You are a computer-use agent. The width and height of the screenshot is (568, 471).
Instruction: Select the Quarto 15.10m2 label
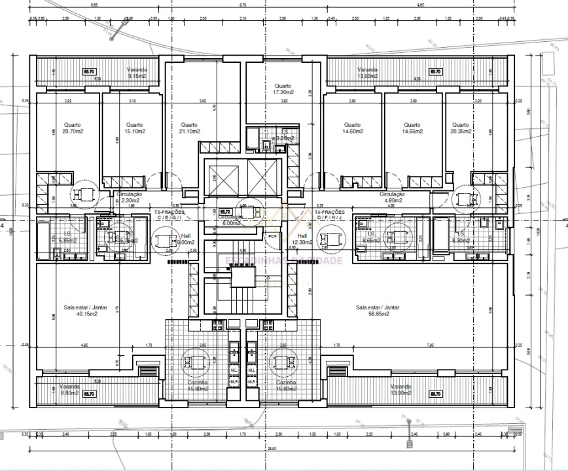(x=135, y=128)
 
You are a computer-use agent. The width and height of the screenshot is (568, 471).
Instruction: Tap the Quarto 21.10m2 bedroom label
(x=190, y=128)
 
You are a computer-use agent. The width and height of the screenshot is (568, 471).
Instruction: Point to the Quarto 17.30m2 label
(x=283, y=89)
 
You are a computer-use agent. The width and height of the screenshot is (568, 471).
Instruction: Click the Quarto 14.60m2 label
(x=352, y=128)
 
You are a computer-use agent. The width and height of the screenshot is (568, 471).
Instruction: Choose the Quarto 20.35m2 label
(x=460, y=128)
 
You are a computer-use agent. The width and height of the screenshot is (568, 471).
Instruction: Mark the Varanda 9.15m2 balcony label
(x=137, y=73)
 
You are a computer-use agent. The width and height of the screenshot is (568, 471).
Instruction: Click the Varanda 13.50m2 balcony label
(x=368, y=73)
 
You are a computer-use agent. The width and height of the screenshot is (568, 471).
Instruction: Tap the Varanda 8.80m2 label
(x=69, y=390)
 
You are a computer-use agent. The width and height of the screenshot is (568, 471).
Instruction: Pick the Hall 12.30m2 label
(x=302, y=239)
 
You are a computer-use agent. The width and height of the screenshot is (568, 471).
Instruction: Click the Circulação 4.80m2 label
(x=393, y=198)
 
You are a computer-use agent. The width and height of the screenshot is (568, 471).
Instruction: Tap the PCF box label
(x=272, y=236)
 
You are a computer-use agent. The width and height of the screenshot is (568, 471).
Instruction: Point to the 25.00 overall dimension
(x=272, y=449)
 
